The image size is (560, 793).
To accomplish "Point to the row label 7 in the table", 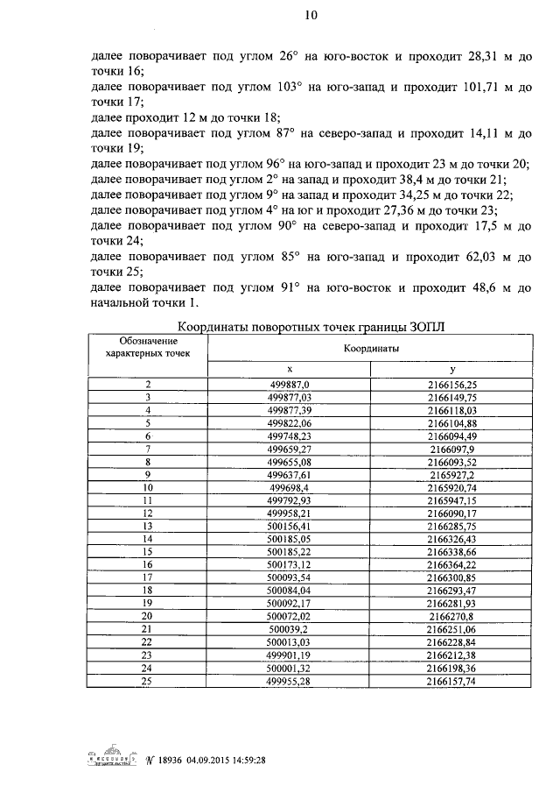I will [147, 448].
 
